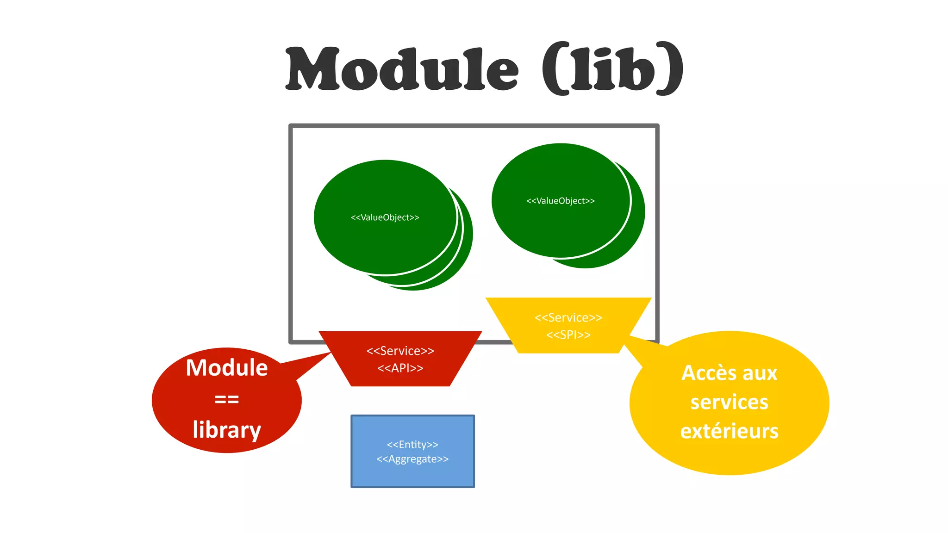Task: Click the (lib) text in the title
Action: coord(612,69)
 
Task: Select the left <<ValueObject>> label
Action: coord(385,217)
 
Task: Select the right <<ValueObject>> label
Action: coord(560,201)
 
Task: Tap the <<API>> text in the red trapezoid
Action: coord(400,368)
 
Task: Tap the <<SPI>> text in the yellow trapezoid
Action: coord(568,335)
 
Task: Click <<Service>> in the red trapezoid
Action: coord(400,351)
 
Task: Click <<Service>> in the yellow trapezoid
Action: coord(568,318)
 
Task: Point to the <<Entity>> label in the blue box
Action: coord(412,445)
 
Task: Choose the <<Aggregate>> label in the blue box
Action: coord(412,459)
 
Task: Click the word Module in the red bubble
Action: coord(226,368)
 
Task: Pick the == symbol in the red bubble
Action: coord(226,399)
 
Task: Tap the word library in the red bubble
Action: coord(226,430)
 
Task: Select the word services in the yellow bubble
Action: coord(729,402)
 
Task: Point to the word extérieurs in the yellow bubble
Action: coord(729,431)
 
